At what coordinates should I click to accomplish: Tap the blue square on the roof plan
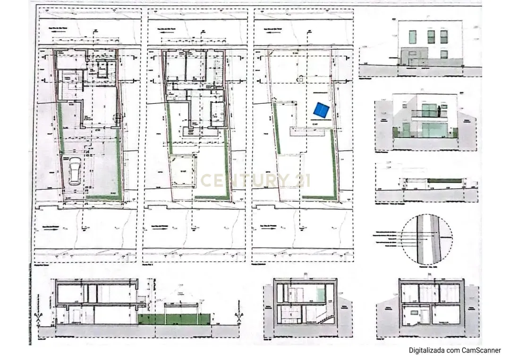click(322, 110)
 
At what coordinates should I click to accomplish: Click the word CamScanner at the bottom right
click(481, 350)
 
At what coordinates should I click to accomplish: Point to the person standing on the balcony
click(439, 111)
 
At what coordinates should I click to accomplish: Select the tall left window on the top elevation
click(412, 37)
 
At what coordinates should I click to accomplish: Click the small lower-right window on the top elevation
click(444, 54)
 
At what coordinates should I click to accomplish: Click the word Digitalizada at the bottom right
click(427, 350)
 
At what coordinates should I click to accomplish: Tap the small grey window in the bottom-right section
click(414, 312)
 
